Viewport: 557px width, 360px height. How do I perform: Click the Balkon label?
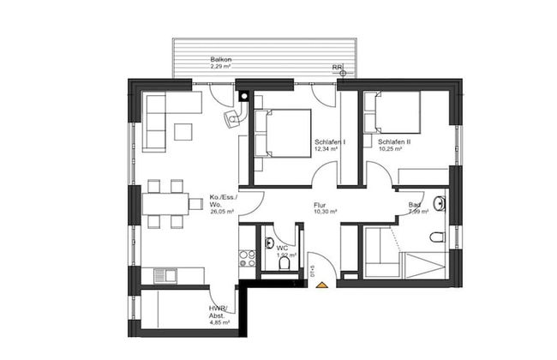221,59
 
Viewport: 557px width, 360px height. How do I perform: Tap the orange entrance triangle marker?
321,284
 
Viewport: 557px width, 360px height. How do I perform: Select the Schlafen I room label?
330,141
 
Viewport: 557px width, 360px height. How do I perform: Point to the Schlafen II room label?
393,141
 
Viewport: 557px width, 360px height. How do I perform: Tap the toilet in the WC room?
284,264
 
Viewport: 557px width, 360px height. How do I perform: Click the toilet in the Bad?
439,237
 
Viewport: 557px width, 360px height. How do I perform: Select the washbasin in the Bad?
440,204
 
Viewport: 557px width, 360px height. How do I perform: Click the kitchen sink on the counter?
168,275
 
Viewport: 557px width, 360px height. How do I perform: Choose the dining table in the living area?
165,204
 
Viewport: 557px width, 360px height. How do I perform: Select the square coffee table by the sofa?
184,131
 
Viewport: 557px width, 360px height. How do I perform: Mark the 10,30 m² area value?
324,211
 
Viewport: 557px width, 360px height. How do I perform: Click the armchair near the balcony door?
230,119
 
